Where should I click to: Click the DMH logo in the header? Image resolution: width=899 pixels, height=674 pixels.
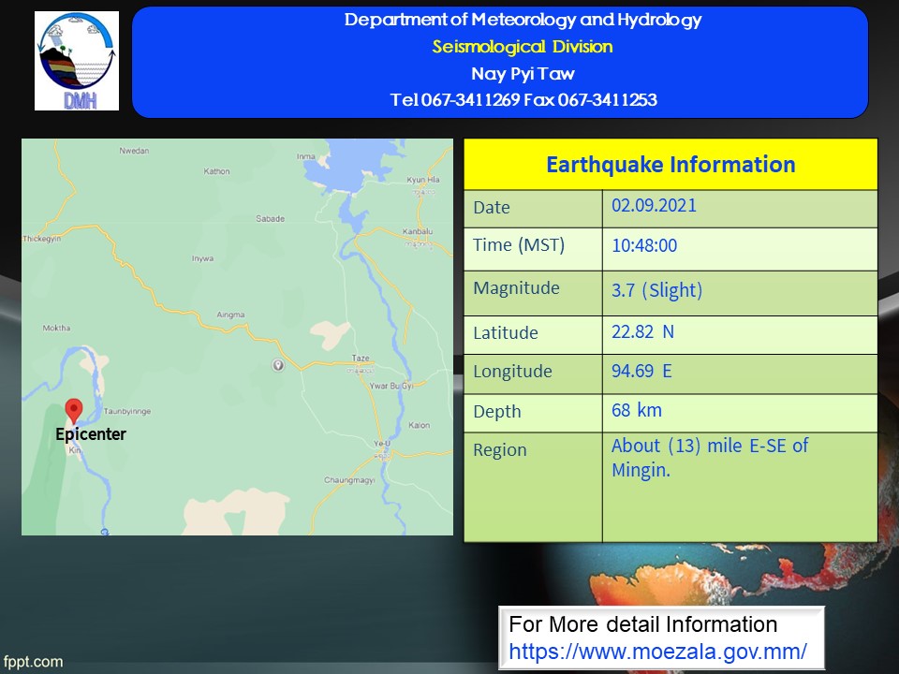(77, 61)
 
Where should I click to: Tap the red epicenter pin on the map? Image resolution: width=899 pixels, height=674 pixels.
(74, 410)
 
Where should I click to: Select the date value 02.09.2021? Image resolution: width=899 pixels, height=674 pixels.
(655, 205)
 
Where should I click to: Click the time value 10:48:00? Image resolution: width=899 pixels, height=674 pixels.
(644, 245)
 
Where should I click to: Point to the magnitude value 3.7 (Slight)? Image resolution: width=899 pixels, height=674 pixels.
(657, 290)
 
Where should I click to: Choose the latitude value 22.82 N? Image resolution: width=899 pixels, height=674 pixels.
(642, 331)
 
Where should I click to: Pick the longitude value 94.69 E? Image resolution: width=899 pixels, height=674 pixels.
(641, 371)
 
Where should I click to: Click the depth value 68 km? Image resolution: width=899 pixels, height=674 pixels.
(637, 410)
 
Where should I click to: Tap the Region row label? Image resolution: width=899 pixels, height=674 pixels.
(500, 450)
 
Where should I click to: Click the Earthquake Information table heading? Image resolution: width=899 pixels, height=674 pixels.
(671, 165)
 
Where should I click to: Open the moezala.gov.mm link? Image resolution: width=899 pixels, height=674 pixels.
(658, 652)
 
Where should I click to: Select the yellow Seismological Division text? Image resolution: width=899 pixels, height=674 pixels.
(523, 47)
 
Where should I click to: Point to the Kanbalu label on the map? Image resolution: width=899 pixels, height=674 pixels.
(418, 231)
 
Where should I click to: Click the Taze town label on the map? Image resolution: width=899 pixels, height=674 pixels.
(361, 359)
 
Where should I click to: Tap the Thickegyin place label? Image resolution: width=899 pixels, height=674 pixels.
(42, 239)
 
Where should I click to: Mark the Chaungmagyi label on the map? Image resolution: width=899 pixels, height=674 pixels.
(349, 479)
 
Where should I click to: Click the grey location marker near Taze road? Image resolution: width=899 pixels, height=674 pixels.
(278, 364)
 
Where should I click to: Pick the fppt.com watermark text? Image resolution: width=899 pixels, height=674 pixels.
(34, 662)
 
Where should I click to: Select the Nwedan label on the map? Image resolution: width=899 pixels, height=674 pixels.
(134, 151)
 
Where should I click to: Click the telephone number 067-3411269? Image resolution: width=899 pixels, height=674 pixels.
(470, 100)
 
